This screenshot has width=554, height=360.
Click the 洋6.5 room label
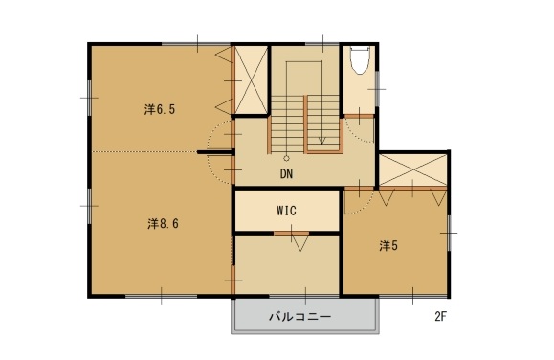pos(160,109)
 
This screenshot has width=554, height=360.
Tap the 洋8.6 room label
pos(164,224)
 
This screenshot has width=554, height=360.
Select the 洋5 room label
pos(388,246)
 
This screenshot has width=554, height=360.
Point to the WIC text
pos(287,210)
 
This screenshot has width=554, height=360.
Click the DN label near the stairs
pos(286,174)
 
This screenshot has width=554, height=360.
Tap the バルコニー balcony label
pos(299,315)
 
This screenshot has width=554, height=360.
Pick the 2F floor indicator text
pos(441,315)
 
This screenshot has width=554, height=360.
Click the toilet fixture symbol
pos(360,60)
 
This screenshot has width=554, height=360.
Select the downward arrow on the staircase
pos(322,137)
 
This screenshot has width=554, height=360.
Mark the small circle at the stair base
pos(285,157)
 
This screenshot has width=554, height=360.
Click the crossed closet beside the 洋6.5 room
pos(251,79)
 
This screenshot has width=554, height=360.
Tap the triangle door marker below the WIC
pos(299,241)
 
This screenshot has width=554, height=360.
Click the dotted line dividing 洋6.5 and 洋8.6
pos(144,151)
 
